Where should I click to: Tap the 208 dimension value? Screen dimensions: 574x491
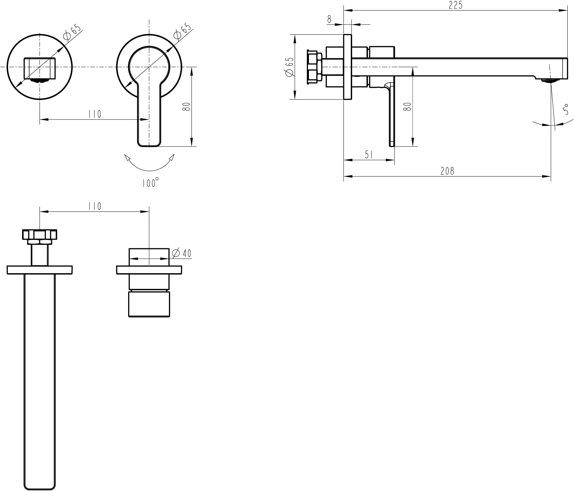(447, 171)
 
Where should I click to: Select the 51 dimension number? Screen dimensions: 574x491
(369, 155)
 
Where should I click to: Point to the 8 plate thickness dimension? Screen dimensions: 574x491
(329, 19)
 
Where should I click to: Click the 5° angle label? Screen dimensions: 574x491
(566, 109)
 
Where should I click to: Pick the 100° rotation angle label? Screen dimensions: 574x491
(151, 182)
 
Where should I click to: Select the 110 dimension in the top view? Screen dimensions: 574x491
(94, 206)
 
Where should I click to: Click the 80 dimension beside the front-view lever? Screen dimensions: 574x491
(187, 107)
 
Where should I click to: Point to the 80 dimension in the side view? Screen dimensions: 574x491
(407, 107)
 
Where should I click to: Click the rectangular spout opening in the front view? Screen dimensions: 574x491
(40, 68)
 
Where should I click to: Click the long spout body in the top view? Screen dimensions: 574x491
(40, 382)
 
